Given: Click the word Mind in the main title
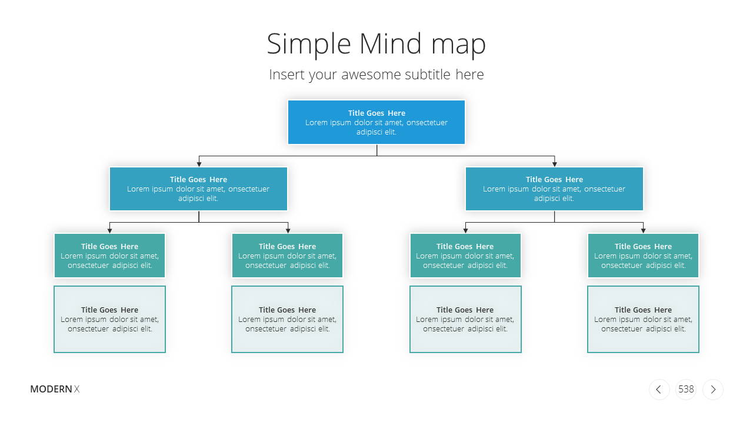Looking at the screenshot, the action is point(390,43).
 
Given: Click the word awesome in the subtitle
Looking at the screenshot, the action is point(373,75).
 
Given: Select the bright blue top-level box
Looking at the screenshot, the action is point(376,122).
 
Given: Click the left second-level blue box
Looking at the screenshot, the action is point(198,189).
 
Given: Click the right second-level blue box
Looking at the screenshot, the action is point(554,189).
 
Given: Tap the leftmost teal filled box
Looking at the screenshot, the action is point(109,256).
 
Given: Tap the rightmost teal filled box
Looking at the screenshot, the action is point(643,256).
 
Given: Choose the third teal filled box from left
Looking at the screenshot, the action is point(465,256).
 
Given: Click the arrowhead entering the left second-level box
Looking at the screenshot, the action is point(199,164).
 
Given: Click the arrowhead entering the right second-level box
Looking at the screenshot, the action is point(555,164).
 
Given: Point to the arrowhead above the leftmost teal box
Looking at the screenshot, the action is point(109,231).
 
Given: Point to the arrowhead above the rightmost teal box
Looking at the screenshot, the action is point(643,231).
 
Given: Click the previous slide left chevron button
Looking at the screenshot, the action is point(659,390).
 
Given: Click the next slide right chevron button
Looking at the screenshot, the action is point(713,390).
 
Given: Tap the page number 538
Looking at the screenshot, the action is point(686,389).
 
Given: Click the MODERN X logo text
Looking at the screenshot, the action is point(55,389).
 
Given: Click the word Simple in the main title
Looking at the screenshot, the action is point(309,44).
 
